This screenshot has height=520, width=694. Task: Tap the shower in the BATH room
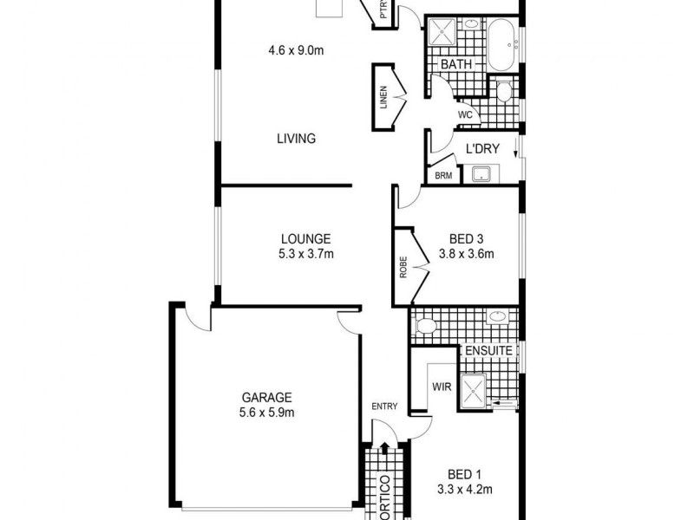442,34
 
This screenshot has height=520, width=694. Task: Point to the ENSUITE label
488,351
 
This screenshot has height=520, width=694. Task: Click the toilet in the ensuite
425,326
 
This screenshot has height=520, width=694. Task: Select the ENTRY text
383,406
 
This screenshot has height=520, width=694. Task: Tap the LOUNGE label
305,239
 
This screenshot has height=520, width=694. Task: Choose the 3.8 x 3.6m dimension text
466,254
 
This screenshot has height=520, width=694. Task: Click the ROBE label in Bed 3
403,268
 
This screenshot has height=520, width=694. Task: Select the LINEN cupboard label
383,97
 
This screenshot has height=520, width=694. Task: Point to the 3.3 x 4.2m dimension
465,489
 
